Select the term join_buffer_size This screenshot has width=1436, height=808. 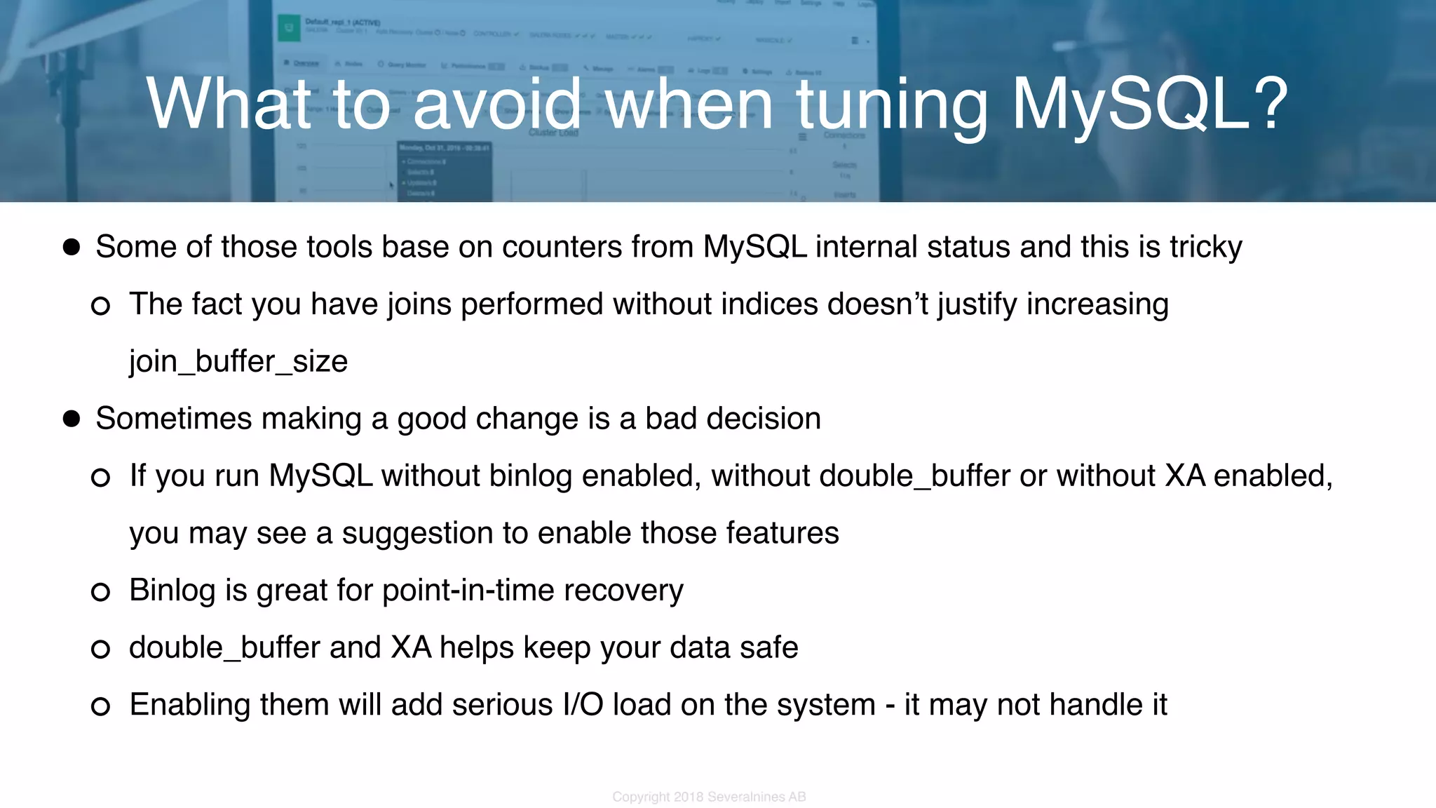point(238,362)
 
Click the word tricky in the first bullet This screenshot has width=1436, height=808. point(1205,248)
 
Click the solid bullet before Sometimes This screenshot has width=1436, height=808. point(72,419)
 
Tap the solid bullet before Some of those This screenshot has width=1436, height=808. point(72,247)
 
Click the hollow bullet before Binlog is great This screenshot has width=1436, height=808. point(101,592)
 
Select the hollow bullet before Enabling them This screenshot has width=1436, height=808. point(101,706)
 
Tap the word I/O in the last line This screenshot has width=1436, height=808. point(583,705)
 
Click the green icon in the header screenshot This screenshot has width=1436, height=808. point(288,29)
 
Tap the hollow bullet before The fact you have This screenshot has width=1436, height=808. point(101,306)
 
